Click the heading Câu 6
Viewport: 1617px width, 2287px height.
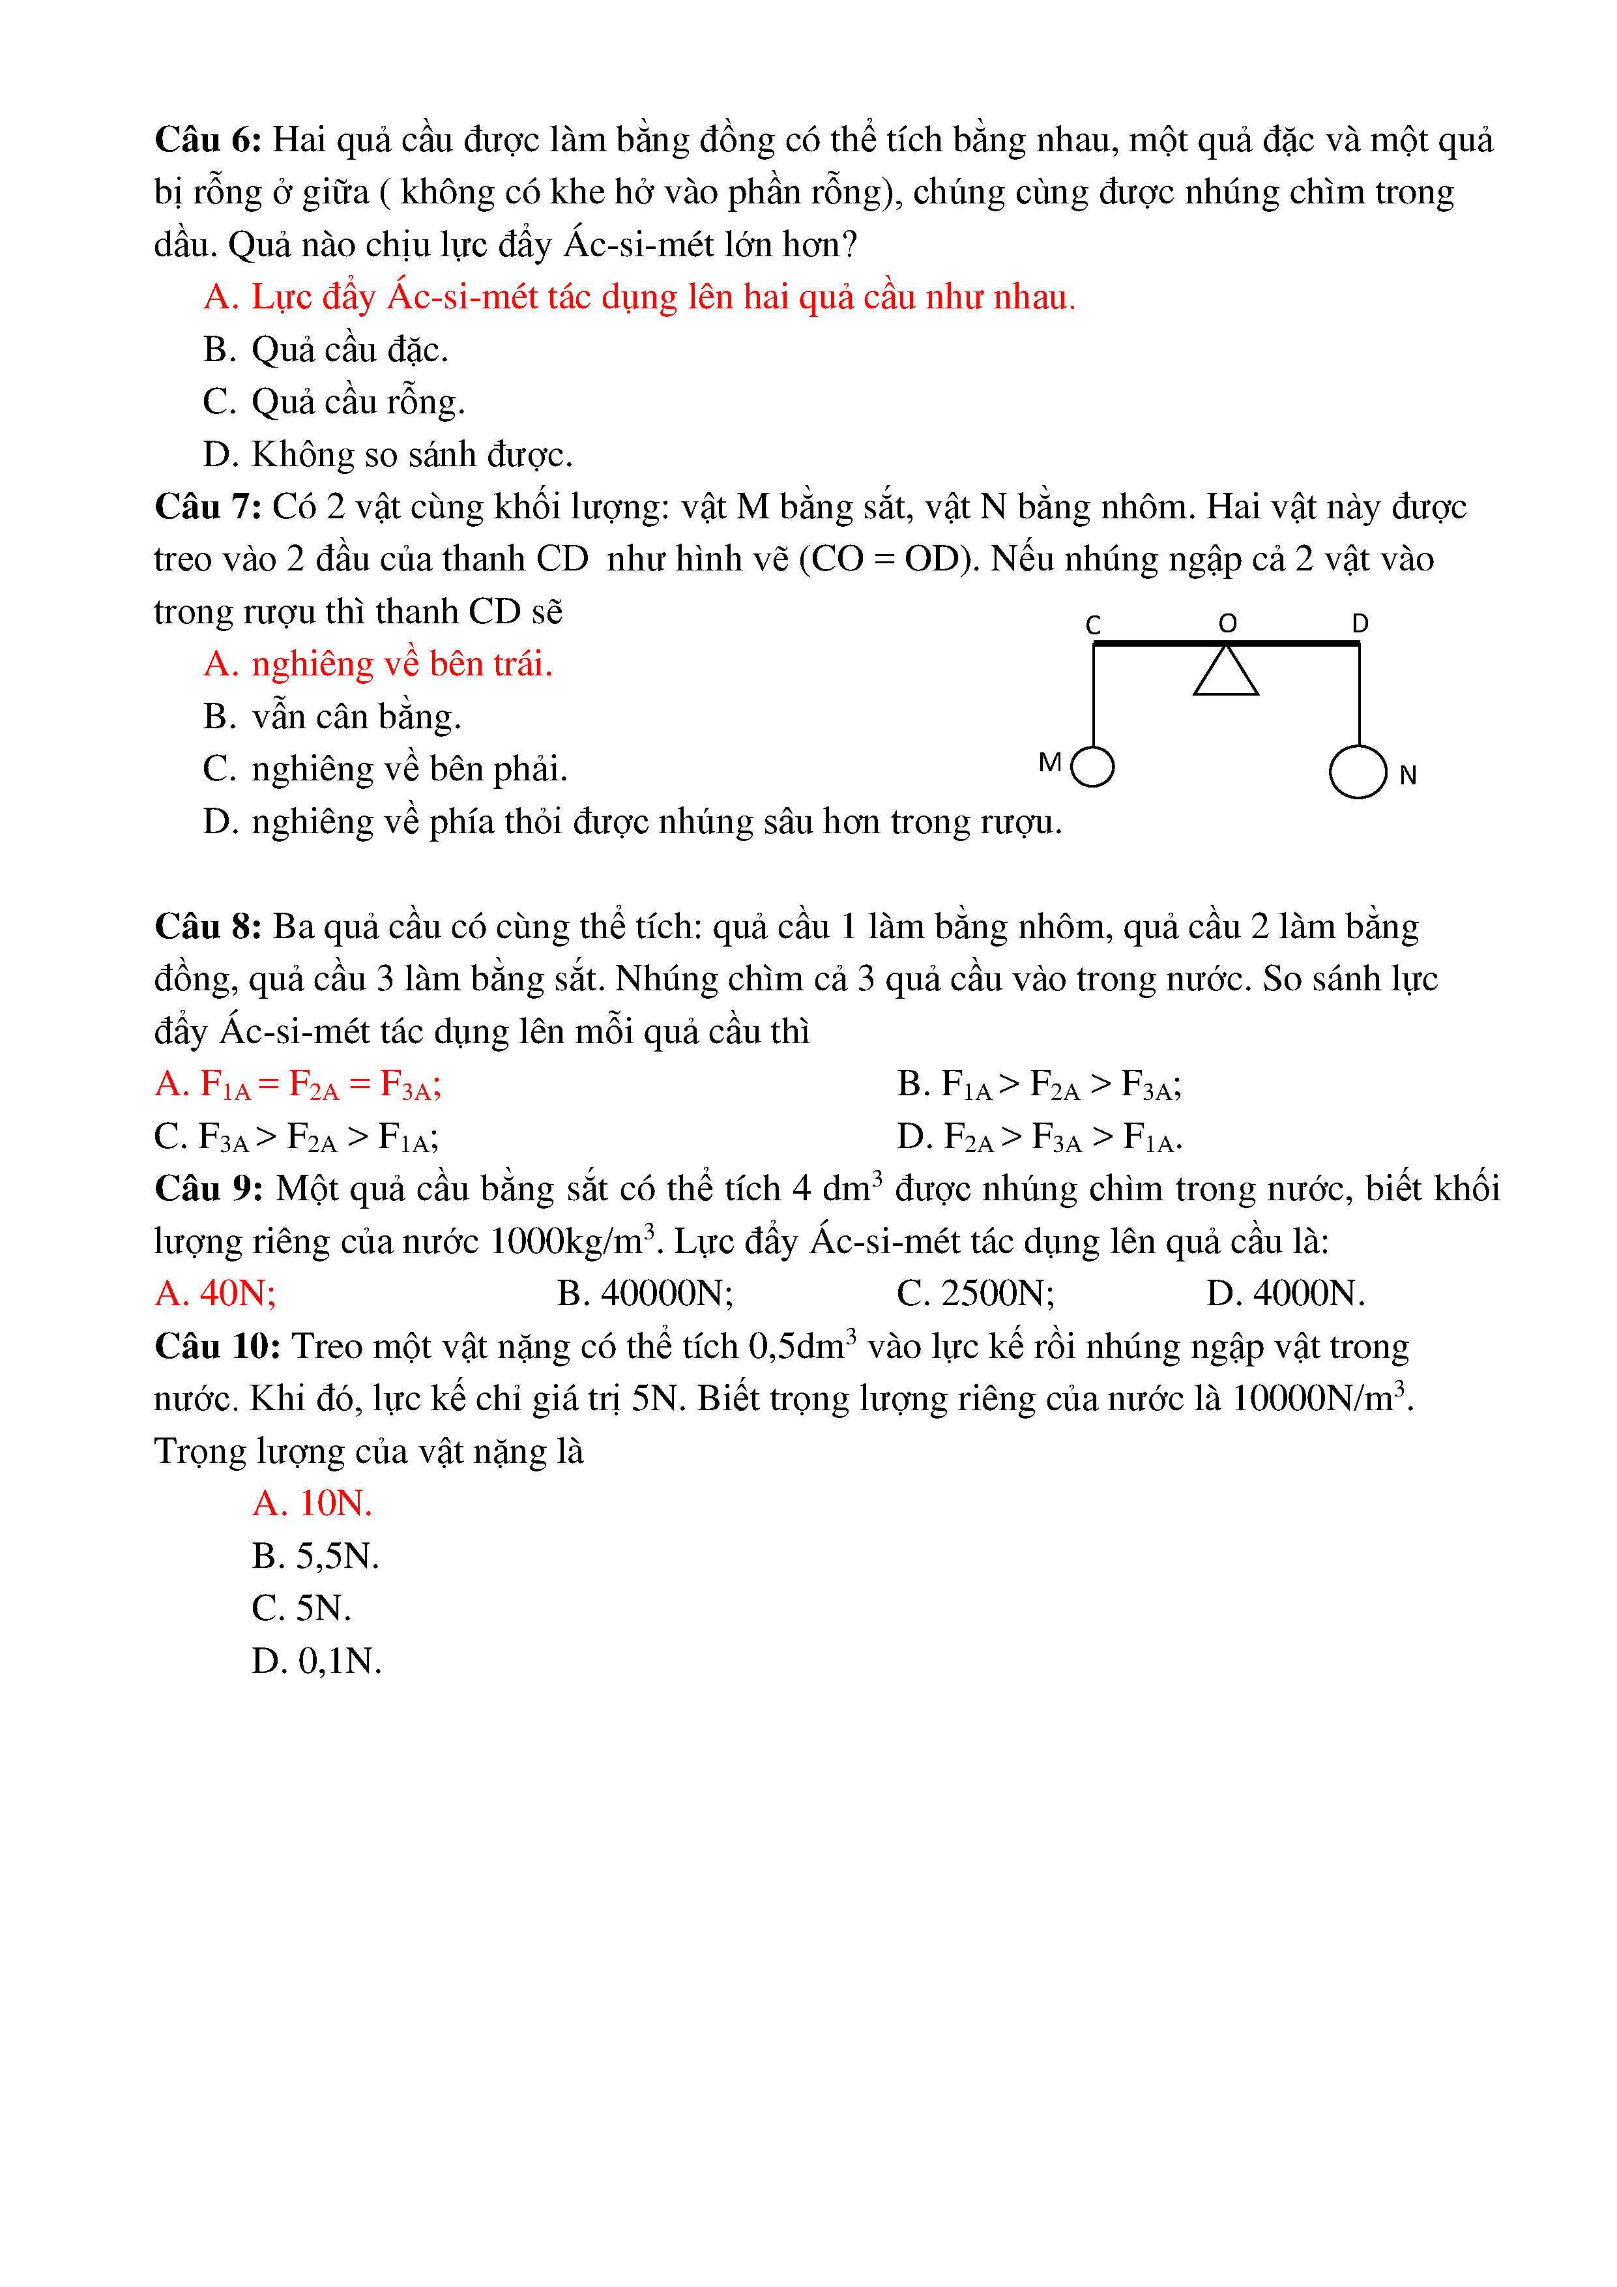click(207, 140)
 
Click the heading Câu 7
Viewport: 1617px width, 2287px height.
click(207, 507)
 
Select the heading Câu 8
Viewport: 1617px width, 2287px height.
click(207, 927)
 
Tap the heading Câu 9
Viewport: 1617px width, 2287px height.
click(207, 1189)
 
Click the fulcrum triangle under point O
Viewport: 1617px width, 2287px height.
click(1226, 672)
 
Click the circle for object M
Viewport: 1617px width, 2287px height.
click(1093, 767)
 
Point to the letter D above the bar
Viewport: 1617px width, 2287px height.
click(1360, 623)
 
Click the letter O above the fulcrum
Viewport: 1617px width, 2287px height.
click(1228, 623)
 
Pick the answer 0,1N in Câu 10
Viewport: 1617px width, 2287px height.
click(317, 1660)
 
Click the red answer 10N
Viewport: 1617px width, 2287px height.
click(313, 1503)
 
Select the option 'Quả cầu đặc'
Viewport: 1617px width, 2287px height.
click(327, 349)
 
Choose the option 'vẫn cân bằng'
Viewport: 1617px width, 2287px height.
click(332, 717)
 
